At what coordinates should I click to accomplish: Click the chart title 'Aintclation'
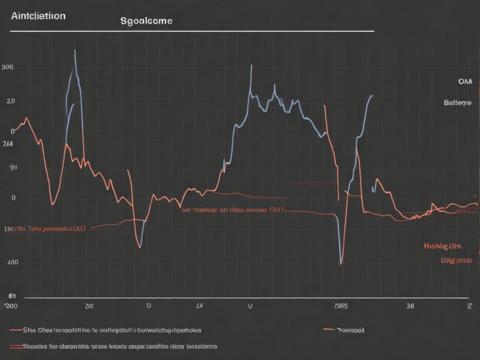38,16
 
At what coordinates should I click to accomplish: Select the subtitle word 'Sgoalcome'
146,21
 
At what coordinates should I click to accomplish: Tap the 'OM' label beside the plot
464,81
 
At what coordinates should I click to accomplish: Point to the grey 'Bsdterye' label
457,102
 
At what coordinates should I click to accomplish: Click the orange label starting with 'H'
442,246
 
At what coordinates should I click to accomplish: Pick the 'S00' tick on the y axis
8,67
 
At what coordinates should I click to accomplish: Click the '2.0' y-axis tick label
10,101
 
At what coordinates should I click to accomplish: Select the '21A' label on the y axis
7,144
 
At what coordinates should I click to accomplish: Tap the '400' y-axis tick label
12,262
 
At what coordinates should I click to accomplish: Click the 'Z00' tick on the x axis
11,306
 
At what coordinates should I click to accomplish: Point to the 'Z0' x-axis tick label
89,307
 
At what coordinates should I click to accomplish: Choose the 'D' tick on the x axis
148,307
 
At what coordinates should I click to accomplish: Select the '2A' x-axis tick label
199,307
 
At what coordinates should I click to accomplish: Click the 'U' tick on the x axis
250,307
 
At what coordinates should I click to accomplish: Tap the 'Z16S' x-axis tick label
341,307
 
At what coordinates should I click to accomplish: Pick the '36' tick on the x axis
410,307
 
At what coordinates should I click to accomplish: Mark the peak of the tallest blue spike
75,49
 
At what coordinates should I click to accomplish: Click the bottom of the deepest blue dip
341,264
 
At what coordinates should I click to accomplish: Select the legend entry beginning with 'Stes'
112,329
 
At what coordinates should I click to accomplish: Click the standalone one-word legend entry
350,329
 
